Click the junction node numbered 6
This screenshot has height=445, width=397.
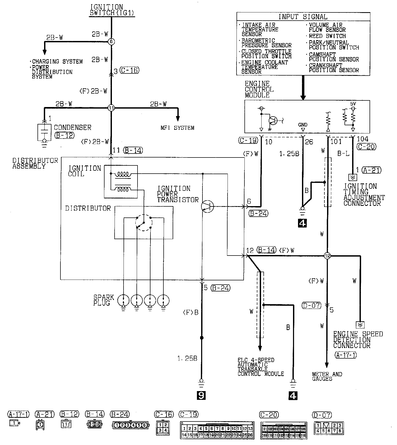pyautogui.click(x=111, y=41)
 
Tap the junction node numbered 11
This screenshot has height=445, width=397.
pyautogui.click(x=111, y=108)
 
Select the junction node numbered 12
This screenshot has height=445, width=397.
pyautogui.click(x=327, y=256)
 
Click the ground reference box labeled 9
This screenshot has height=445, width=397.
pyautogui.click(x=201, y=396)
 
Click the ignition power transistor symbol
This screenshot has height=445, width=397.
pyautogui.click(x=207, y=206)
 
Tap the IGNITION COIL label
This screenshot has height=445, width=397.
pyautogui.click(x=84, y=171)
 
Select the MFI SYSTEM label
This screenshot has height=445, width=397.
pyautogui.click(x=177, y=128)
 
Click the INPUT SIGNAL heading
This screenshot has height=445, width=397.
pyautogui.click(x=303, y=17)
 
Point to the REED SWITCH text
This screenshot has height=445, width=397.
pyautogui.click(x=327, y=36)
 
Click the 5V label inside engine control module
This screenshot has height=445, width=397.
pyautogui.click(x=353, y=104)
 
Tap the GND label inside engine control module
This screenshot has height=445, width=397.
pyautogui.click(x=303, y=125)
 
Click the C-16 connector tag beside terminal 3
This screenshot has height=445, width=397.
pyautogui.click(x=129, y=70)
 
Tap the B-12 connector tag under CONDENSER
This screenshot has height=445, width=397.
pyautogui.click(x=64, y=135)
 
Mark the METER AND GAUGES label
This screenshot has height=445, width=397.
pyautogui.click(x=327, y=376)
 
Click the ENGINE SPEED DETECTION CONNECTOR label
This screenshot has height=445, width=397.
pyautogui.click(x=358, y=340)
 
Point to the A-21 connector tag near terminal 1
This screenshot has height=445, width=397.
pyautogui.click(x=372, y=170)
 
